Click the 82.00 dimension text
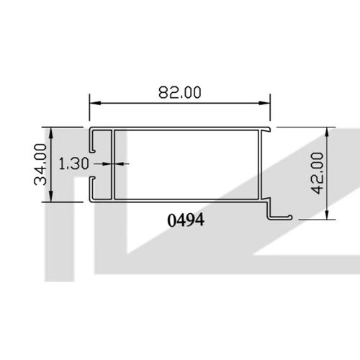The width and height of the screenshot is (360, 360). click(x=179, y=93)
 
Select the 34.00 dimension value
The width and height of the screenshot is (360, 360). click(x=40, y=164)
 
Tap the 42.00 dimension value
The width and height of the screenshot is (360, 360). click(x=318, y=172)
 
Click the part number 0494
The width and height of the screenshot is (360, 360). click(x=186, y=221)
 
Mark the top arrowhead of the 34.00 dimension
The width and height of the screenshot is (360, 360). click(x=51, y=132)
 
